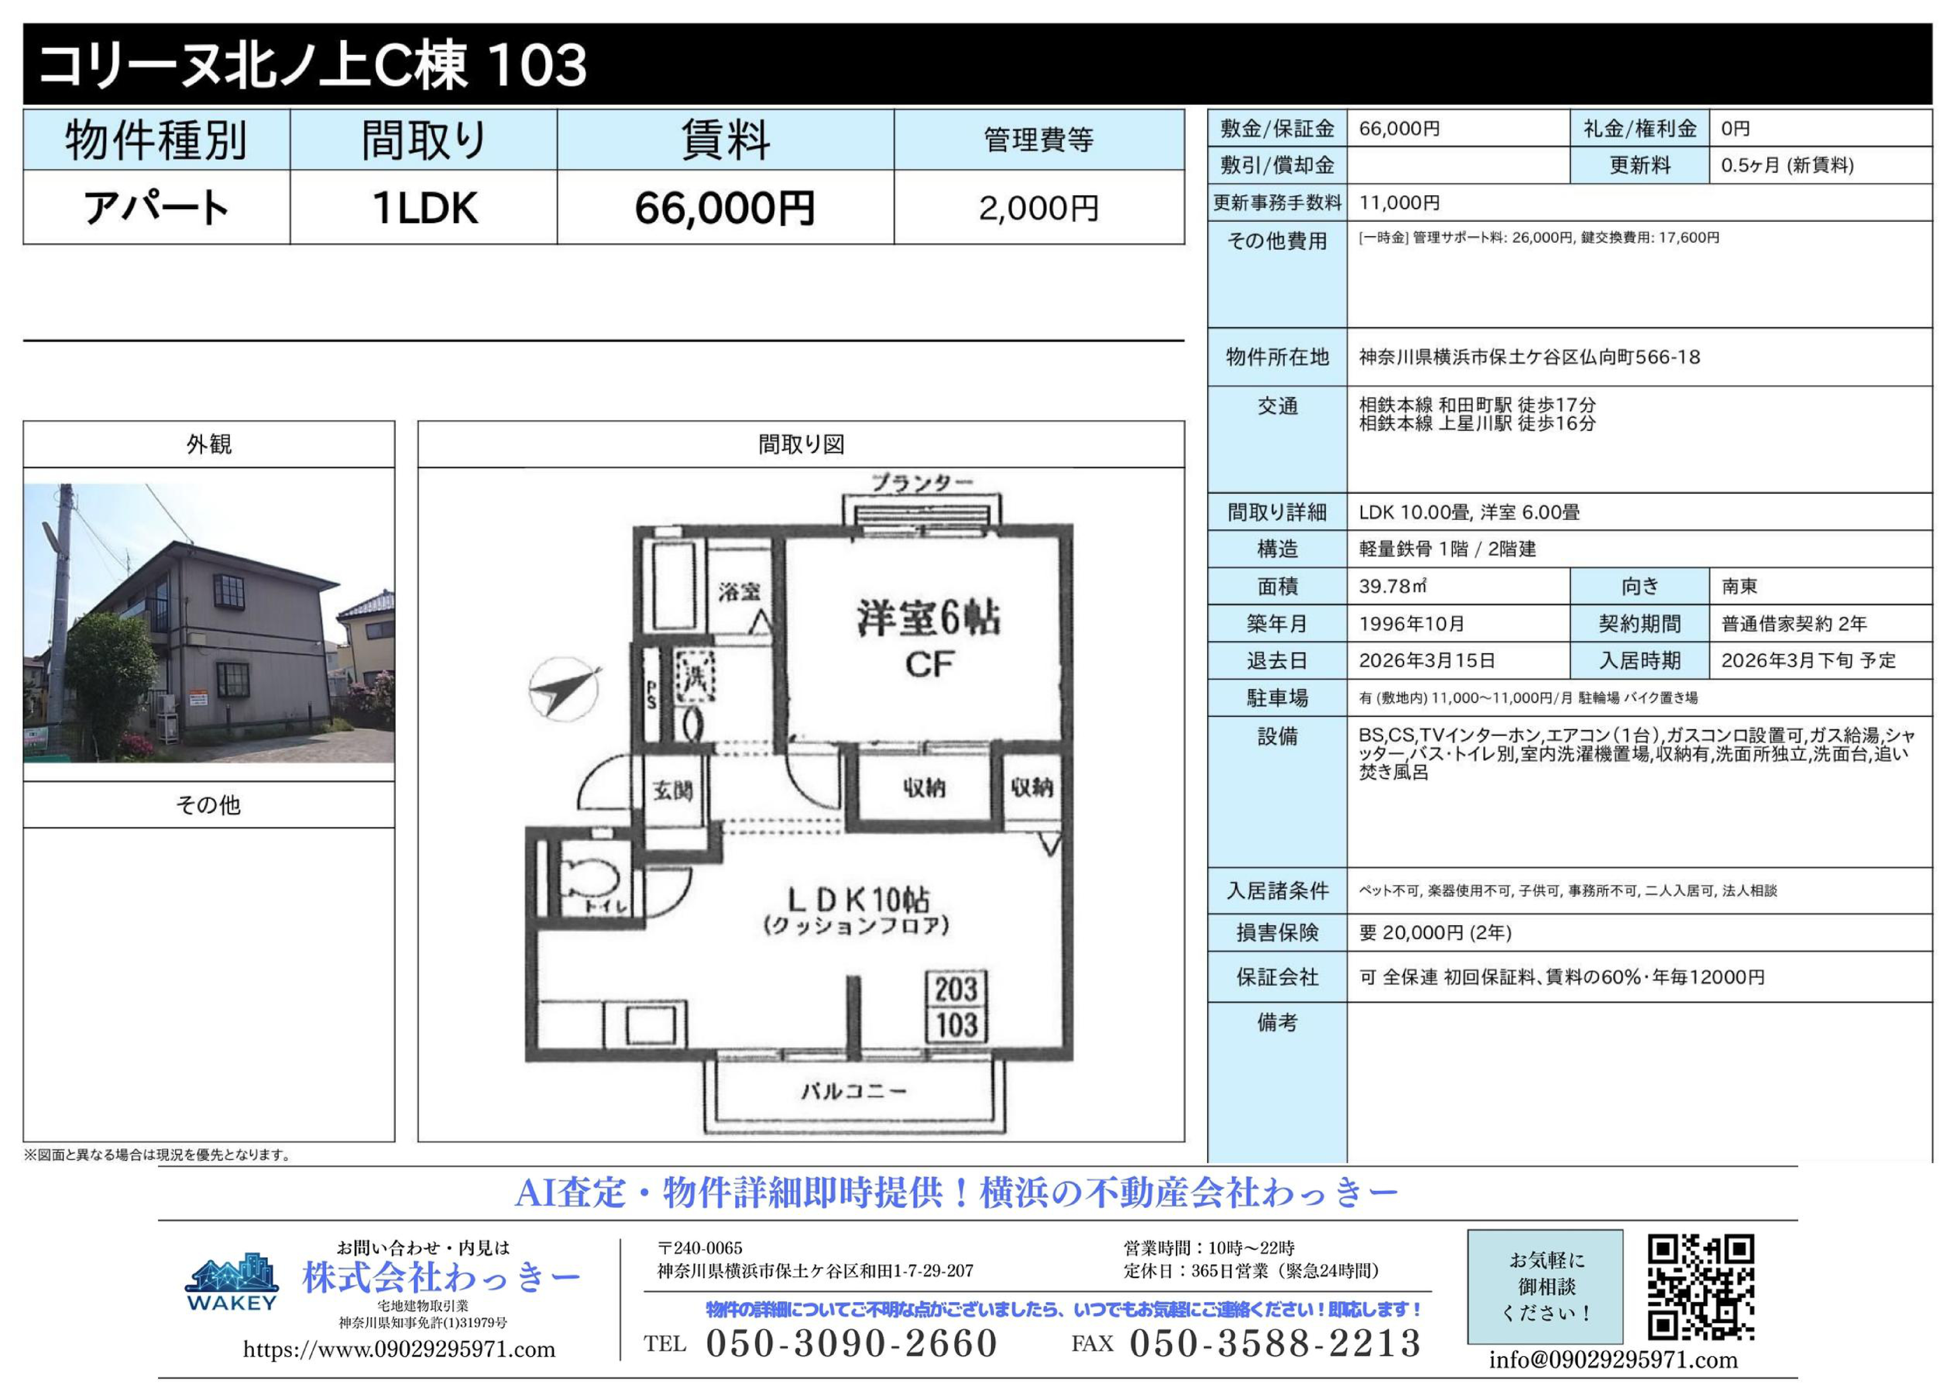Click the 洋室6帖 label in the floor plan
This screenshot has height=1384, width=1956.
point(929,619)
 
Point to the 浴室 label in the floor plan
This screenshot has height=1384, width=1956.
point(739,591)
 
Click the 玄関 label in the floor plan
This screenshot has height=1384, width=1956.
point(673,791)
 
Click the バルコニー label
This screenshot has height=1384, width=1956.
point(854,1091)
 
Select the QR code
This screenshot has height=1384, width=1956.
point(1700,1287)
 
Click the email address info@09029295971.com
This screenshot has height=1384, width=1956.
point(1613,1360)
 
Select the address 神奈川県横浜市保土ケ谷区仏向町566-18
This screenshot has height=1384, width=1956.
point(1529,357)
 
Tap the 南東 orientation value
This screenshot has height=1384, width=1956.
point(1740,586)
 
